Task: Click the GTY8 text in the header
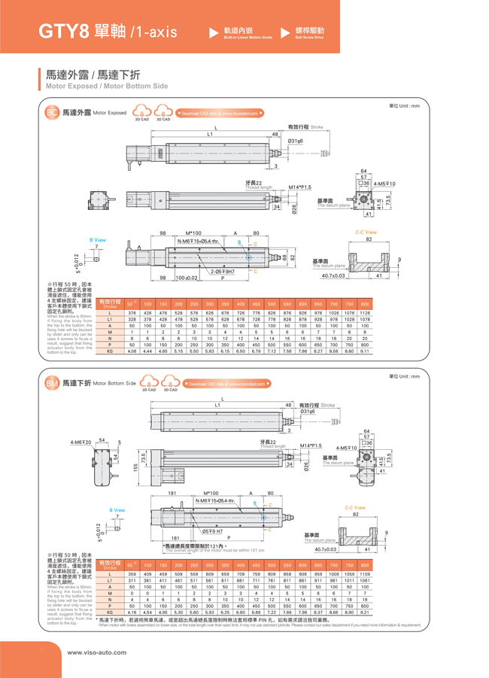(66, 32)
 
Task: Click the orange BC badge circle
(52, 113)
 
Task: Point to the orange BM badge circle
(52, 384)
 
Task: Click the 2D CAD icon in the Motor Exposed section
(141, 114)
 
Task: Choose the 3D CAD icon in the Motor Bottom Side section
(171, 384)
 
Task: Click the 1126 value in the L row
(365, 313)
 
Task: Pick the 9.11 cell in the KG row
(365, 351)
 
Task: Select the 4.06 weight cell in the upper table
(132, 351)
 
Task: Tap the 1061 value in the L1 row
(365, 580)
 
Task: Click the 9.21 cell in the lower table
(365, 613)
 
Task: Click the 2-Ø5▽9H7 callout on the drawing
(223, 272)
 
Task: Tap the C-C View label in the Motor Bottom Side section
(356, 507)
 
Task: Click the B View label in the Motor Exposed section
(98, 240)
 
